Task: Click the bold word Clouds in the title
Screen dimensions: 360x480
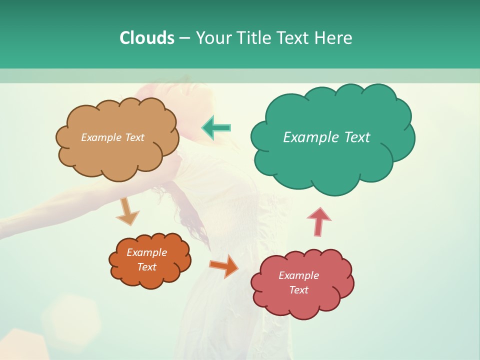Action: [x=147, y=38]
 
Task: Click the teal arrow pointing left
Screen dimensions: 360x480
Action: [x=216, y=128]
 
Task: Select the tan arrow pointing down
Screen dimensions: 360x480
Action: [x=127, y=211]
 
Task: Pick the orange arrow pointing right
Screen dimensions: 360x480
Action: [x=224, y=266]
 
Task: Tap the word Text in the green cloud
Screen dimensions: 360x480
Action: [x=357, y=137]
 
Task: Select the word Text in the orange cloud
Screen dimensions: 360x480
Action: [x=147, y=267]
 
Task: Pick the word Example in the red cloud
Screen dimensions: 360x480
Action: [x=298, y=275]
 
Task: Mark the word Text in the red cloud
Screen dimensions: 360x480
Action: [x=298, y=290]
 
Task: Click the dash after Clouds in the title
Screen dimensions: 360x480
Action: [x=184, y=38]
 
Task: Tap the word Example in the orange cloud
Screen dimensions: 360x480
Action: [x=147, y=252]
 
